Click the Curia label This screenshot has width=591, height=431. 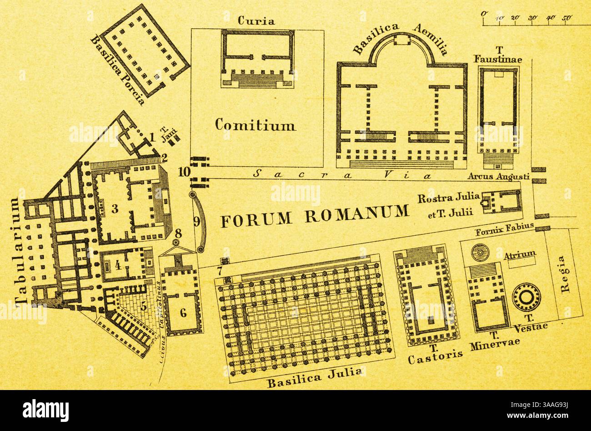(256, 21)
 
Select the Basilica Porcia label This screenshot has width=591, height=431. (118, 71)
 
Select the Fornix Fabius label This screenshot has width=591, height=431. (504, 232)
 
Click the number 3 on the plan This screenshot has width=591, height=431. (115, 209)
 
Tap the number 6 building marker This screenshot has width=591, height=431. (183, 313)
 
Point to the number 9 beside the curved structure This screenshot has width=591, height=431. (196, 222)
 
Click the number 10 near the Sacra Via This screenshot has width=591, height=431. (184, 172)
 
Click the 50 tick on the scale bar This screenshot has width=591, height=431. (566, 18)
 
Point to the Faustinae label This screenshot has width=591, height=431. (497, 59)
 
